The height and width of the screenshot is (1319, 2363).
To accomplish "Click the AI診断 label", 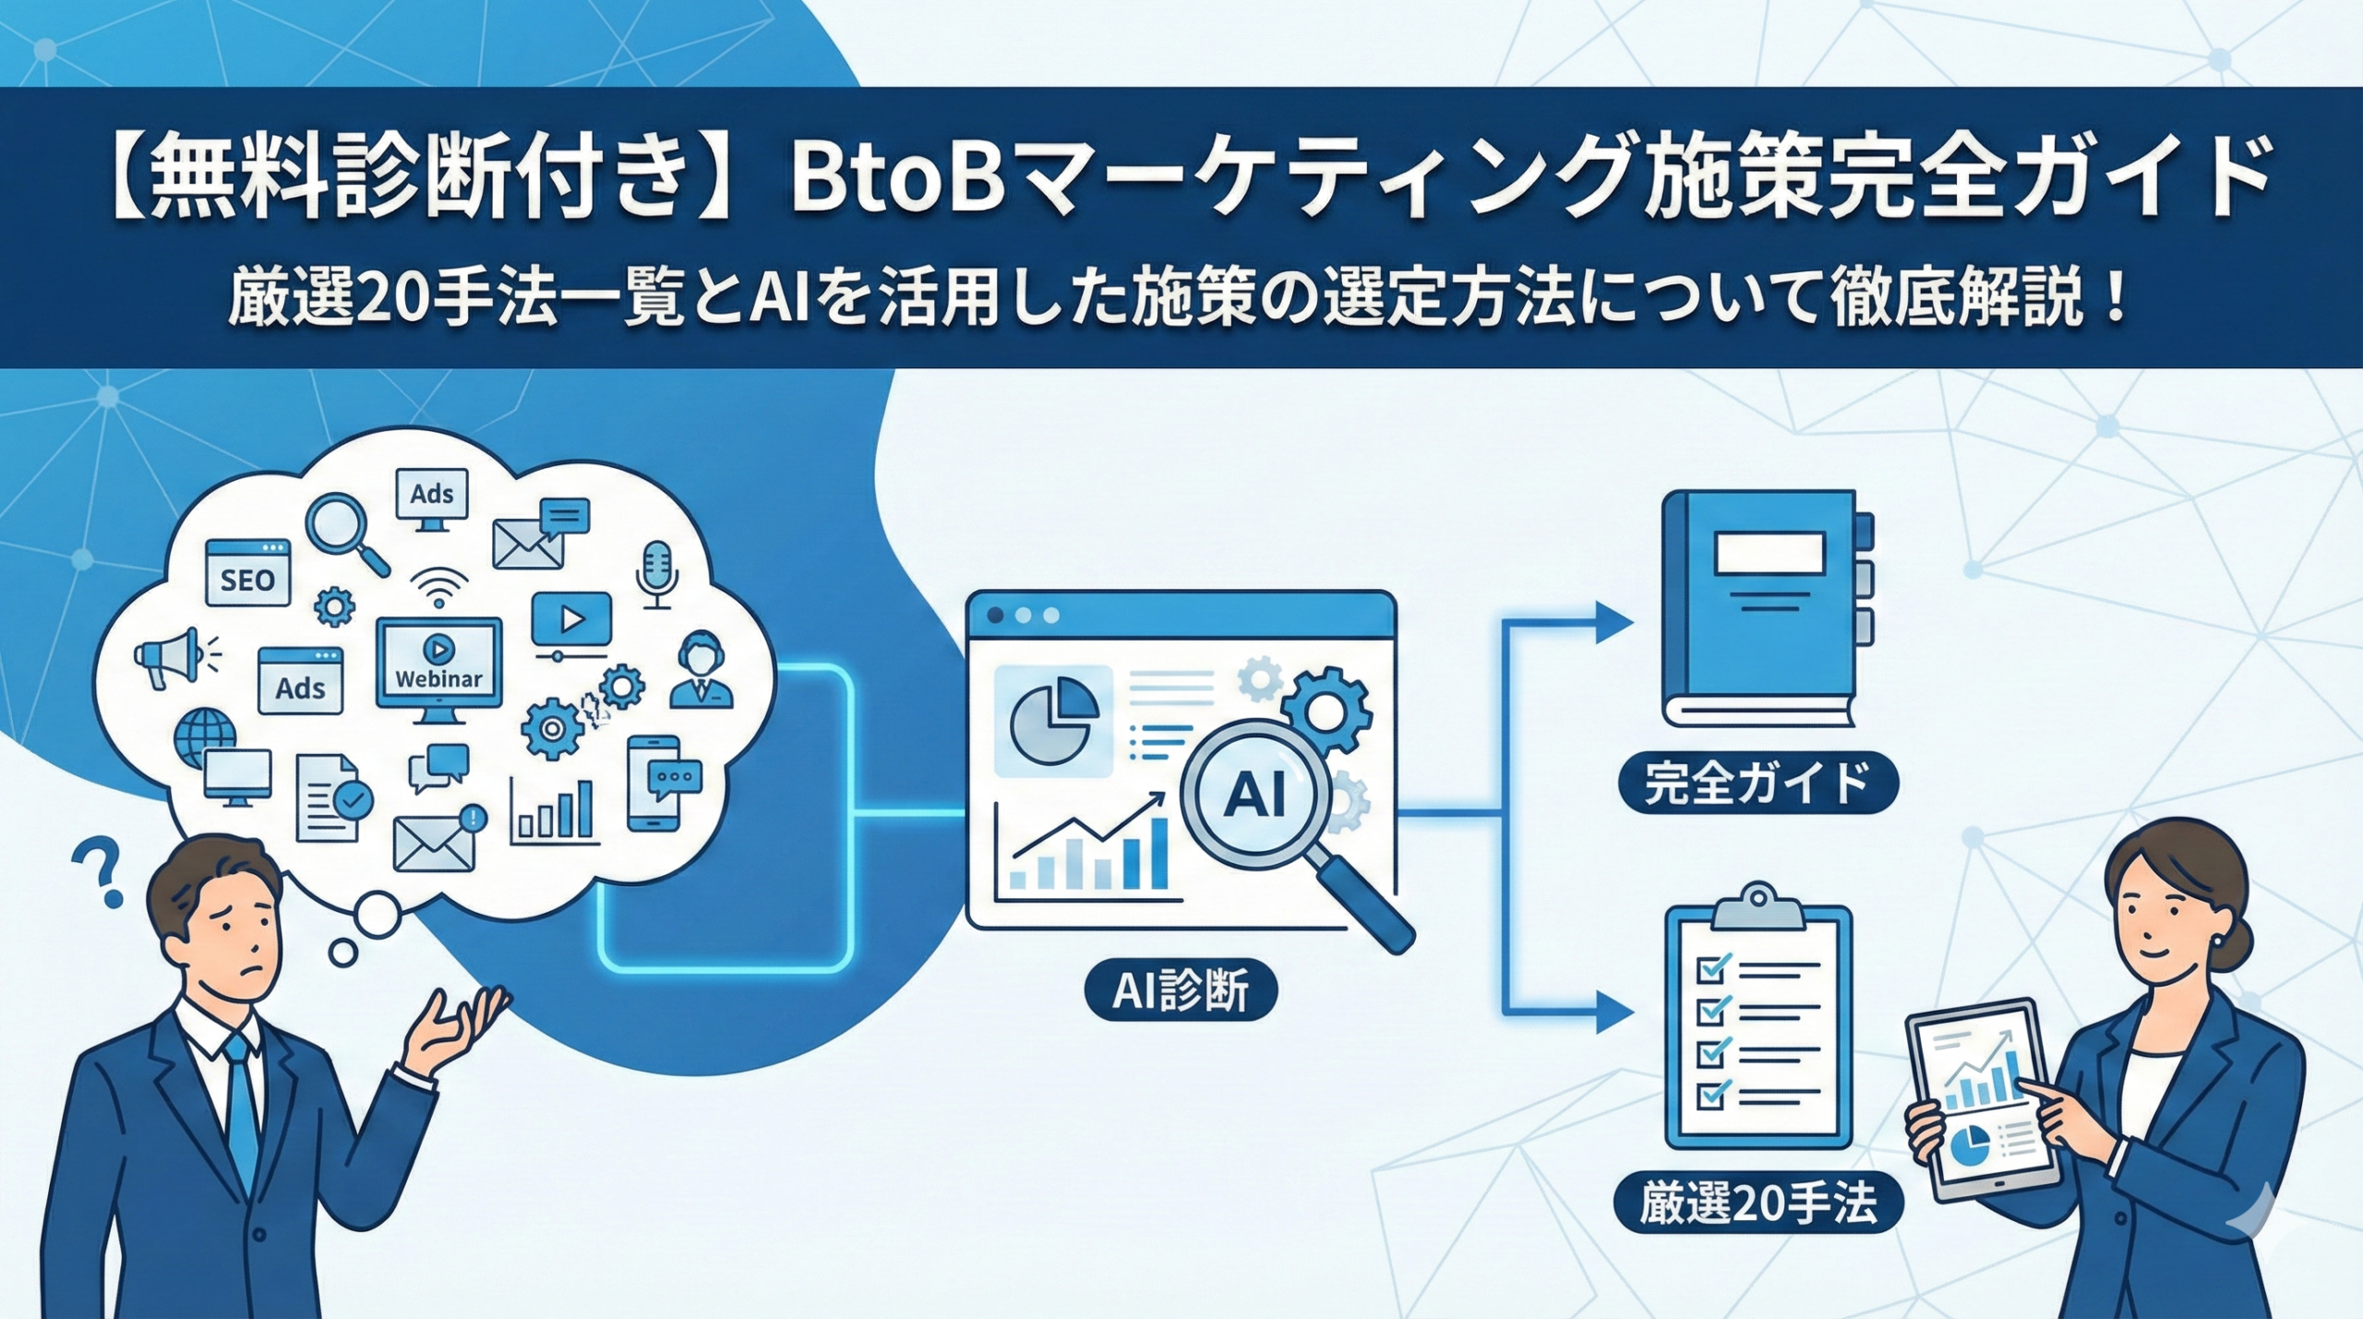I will [1181, 993].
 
